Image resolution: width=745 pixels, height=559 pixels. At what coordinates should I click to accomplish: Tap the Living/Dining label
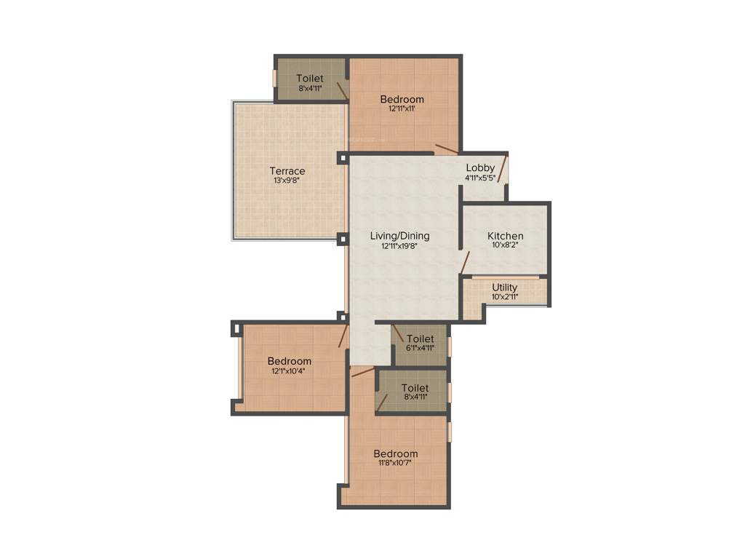click(399, 236)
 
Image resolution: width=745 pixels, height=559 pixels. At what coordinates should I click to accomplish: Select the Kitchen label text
click(505, 236)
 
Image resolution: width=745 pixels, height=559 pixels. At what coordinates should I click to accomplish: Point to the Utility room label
click(504, 288)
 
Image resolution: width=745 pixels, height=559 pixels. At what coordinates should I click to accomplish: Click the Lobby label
click(480, 167)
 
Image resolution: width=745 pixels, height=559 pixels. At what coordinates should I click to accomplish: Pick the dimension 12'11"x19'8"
click(399, 246)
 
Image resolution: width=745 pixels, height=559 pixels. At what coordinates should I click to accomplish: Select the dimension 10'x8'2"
click(505, 245)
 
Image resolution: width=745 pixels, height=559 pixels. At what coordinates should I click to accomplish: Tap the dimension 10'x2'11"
click(504, 296)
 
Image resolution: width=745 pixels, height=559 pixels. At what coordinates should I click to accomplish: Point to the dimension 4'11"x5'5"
click(480, 177)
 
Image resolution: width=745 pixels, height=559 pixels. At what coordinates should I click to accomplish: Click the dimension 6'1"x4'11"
click(420, 348)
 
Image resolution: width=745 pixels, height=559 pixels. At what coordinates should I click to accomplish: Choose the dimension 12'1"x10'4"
click(289, 370)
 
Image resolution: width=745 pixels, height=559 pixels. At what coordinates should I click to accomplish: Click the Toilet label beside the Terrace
click(310, 79)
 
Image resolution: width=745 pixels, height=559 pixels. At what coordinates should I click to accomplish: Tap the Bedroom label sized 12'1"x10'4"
click(289, 361)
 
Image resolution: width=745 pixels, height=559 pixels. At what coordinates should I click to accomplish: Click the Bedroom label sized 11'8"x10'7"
click(397, 453)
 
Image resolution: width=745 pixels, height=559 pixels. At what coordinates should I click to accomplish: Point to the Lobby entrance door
click(502, 174)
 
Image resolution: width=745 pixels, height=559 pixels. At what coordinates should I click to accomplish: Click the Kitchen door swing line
click(465, 262)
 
